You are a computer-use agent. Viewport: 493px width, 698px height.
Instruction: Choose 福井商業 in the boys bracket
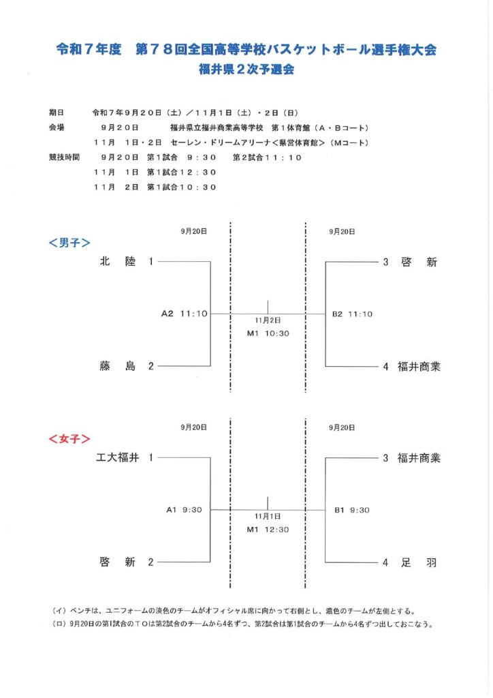(419, 366)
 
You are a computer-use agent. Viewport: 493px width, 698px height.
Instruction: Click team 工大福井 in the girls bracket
(117, 458)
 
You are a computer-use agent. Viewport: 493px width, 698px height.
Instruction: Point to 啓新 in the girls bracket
(118, 562)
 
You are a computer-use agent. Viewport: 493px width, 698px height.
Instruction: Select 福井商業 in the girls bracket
(419, 458)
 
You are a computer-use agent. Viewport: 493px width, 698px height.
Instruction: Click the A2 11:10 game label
(184, 314)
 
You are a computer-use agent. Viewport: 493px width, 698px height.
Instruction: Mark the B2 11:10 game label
(352, 314)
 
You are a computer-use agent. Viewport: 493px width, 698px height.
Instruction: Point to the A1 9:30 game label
(185, 510)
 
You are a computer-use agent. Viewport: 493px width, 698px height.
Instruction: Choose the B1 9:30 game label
(351, 510)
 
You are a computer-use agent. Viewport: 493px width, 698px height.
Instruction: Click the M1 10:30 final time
(268, 333)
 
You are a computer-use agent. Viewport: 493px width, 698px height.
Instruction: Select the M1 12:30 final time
(268, 529)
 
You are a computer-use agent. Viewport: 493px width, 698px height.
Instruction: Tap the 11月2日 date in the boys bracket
(268, 320)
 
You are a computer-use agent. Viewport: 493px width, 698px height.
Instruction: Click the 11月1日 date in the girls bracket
(268, 516)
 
